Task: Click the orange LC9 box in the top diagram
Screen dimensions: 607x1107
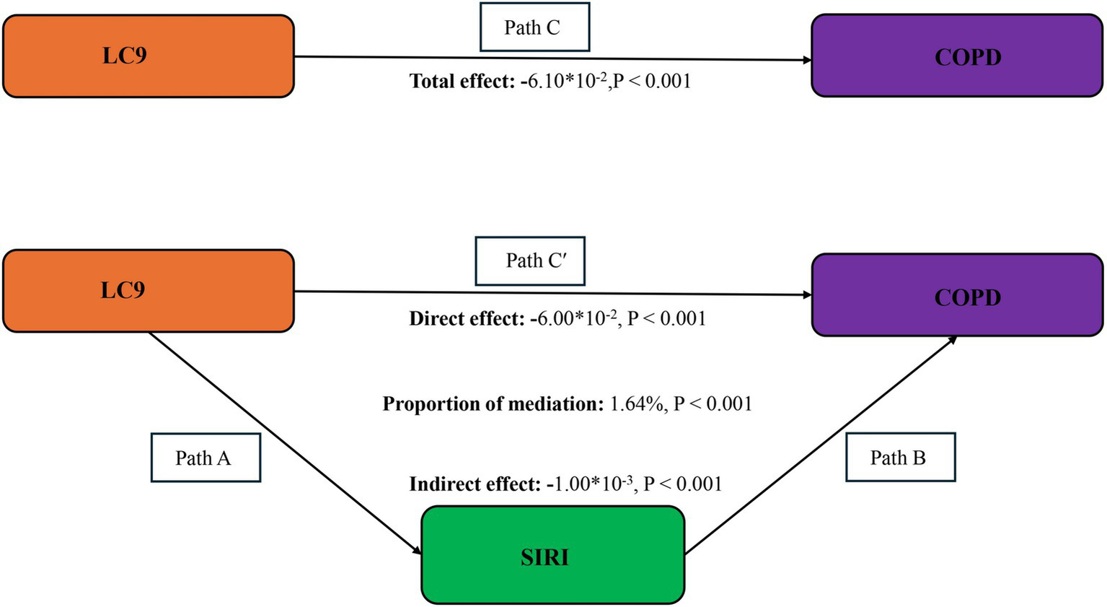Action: coord(148,56)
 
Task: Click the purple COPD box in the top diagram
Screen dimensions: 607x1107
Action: coord(957,56)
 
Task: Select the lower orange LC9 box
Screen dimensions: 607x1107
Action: coord(148,291)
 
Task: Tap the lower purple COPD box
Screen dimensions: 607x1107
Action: coord(957,295)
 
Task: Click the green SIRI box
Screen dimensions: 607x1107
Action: coord(552,555)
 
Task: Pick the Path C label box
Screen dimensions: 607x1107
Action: coord(534,27)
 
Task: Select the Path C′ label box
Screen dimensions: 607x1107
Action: coord(530,261)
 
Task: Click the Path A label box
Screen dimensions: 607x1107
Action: coord(206,458)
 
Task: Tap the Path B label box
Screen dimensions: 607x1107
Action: coord(900,457)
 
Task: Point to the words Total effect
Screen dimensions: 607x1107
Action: coord(462,81)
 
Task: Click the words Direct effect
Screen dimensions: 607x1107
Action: coord(466,318)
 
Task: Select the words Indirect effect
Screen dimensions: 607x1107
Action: coord(475,484)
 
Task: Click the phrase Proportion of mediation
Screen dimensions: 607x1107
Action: coord(493,403)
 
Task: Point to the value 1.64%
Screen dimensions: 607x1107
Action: coord(636,403)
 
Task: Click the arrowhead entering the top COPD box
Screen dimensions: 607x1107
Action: coord(807,60)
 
